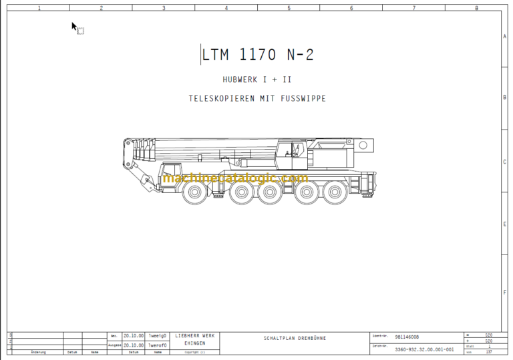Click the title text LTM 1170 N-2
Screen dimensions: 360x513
point(258,55)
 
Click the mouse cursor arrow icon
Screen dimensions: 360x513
point(75,27)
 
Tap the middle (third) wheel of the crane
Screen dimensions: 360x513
point(270,192)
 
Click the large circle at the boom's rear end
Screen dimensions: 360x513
point(363,145)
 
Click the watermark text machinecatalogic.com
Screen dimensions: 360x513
point(234,178)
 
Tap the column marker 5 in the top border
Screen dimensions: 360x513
point(289,8)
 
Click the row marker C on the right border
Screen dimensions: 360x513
point(504,162)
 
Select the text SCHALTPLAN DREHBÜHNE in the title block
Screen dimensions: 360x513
point(295,338)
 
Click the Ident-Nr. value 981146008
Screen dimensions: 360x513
point(407,337)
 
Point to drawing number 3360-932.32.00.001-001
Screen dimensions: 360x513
point(424,349)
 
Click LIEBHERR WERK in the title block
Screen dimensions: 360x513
point(195,335)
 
